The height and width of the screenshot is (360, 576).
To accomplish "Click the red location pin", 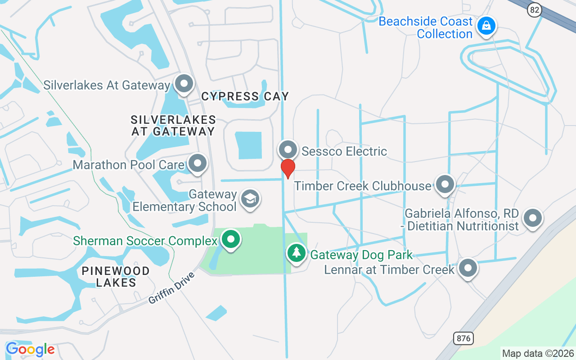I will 288,168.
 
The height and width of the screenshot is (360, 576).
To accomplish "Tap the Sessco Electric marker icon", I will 288,150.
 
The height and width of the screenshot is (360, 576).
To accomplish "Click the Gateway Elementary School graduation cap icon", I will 250,198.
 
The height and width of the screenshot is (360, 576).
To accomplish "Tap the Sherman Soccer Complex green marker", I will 231,239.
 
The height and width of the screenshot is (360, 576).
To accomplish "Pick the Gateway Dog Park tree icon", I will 296,253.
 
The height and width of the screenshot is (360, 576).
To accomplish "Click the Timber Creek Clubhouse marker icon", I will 445,184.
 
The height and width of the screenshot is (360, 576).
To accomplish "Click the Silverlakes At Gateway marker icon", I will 184,84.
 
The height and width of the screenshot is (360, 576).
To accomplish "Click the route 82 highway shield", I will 534,10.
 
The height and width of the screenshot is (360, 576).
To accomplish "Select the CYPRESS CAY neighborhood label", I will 245,96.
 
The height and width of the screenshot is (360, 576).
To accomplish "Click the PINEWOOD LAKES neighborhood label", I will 116,277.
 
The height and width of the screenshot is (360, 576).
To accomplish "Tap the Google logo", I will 30,349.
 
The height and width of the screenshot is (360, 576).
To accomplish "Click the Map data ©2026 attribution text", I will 538,353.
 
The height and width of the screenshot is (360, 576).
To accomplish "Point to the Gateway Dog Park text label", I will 361,255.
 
